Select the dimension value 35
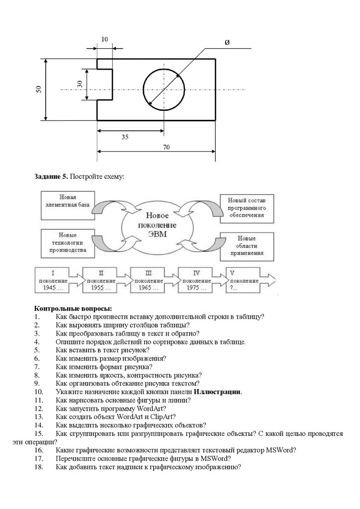pyautogui.click(x=125, y=137)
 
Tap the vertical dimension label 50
pyautogui.click(x=38, y=89)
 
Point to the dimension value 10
pyautogui.click(x=104, y=39)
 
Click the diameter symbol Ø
pyautogui.click(x=227, y=43)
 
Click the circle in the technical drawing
pyautogui.click(x=164, y=89)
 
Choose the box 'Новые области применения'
pyautogui.click(x=247, y=245)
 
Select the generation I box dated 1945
pyautogui.click(x=53, y=280)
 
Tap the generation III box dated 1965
pyautogui.click(x=148, y=280)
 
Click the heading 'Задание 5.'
pyautogui.click(x=50, y=176)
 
